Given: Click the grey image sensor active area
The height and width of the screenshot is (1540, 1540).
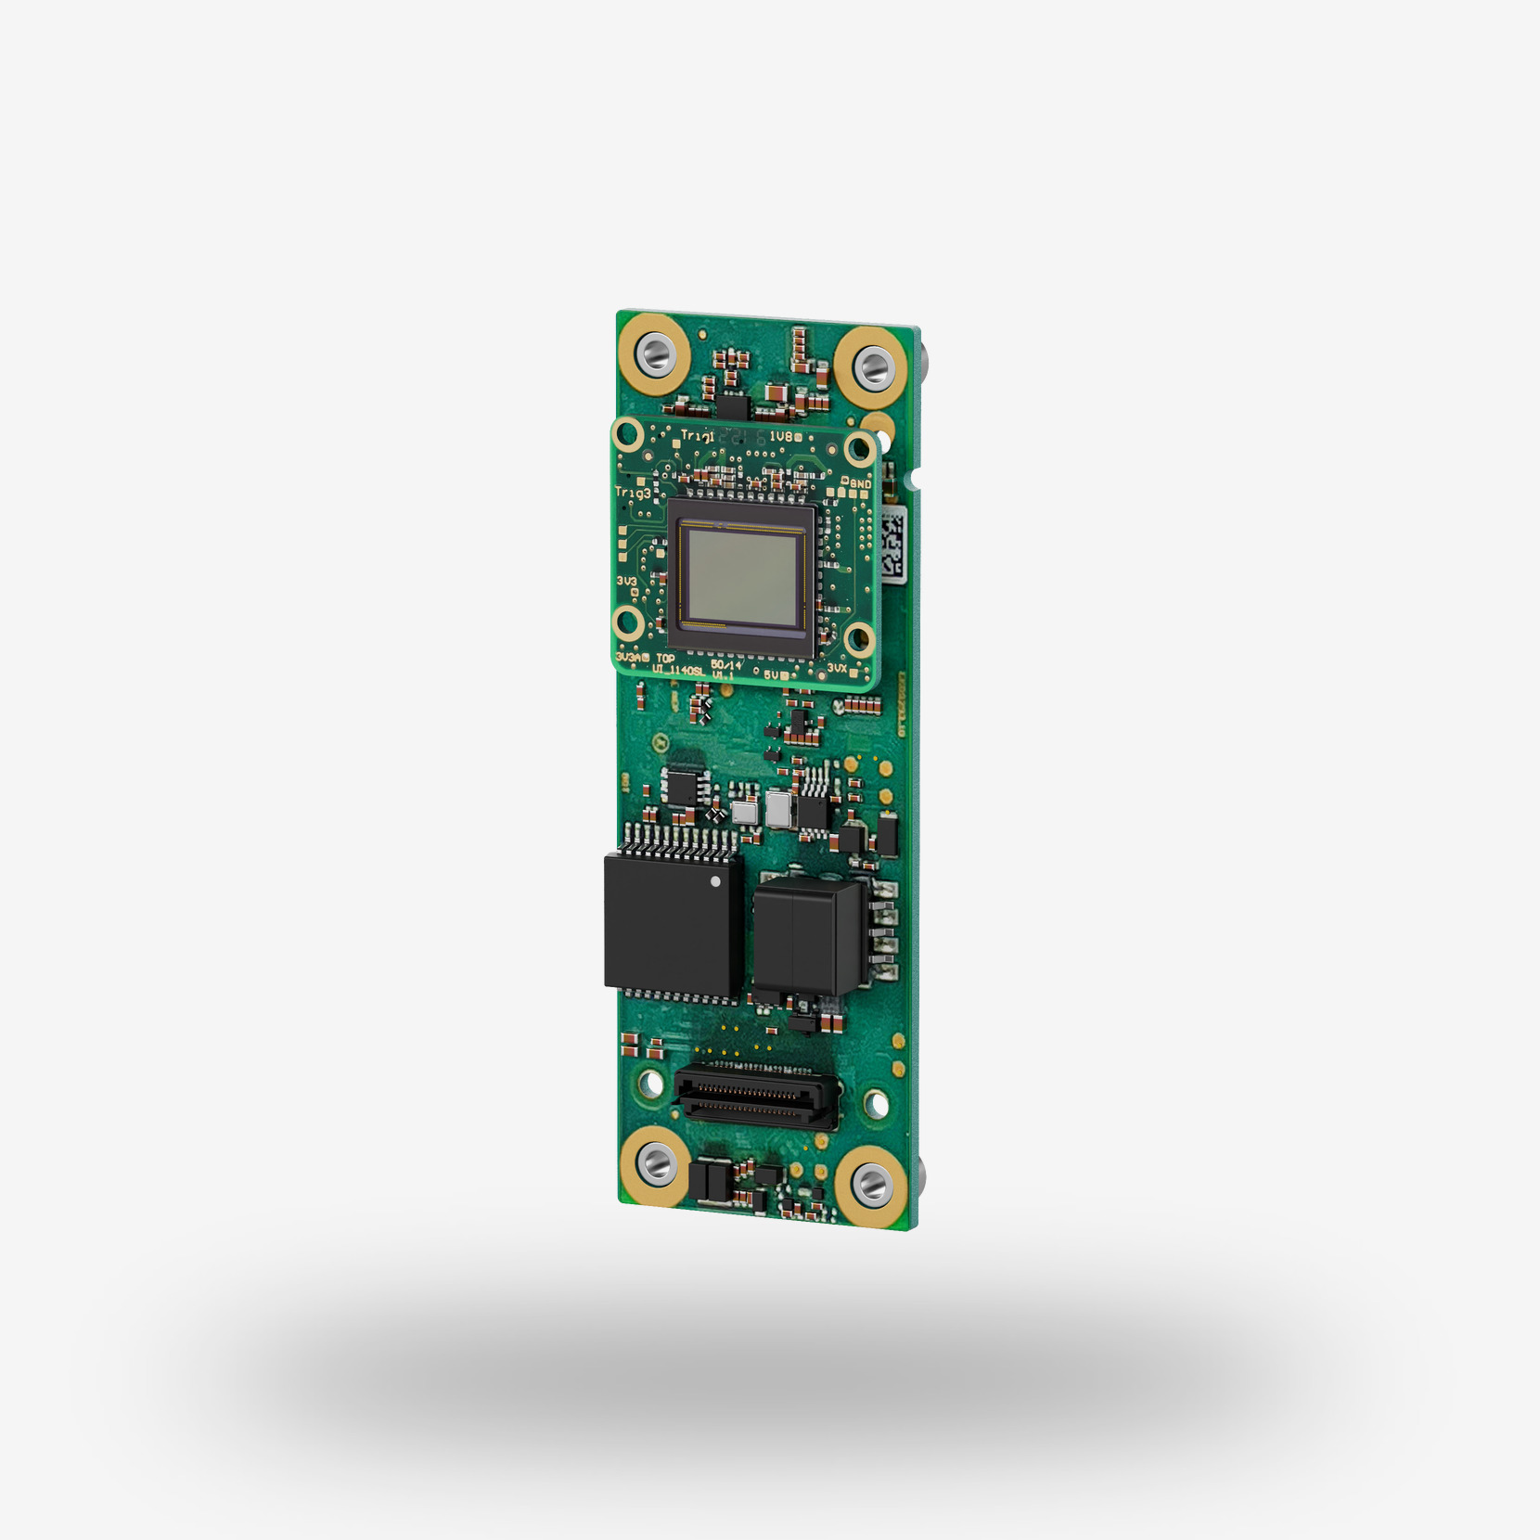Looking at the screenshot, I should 740,574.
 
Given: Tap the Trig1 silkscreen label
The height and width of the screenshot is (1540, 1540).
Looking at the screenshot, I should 697,435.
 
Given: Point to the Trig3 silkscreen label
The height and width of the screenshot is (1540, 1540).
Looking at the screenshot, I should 633,493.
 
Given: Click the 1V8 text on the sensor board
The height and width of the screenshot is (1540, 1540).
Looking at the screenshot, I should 780,436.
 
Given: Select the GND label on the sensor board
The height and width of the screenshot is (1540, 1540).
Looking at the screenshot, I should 860,483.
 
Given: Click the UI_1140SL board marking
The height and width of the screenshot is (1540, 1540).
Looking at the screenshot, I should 677,670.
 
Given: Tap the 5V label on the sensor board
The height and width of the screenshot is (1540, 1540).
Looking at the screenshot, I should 774,674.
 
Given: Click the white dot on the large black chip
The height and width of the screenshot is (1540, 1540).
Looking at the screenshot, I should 714,881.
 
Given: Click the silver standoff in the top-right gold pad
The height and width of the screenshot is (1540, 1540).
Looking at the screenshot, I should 872,366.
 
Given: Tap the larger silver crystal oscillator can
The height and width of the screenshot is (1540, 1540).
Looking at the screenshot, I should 778,810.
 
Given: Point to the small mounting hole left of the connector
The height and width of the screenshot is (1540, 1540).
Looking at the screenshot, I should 650,1083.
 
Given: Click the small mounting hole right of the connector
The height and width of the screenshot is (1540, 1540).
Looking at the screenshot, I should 875,1104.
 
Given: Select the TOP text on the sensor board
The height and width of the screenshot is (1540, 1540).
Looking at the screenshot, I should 665,658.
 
